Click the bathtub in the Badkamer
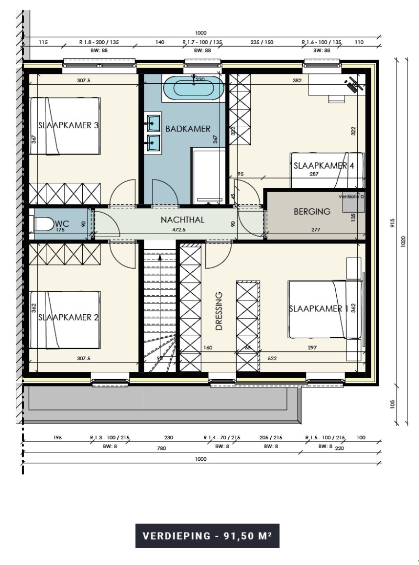point(194,87)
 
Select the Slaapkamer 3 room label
point(68,126)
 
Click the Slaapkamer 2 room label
point(68,317)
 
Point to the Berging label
point(312,212)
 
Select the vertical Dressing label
point(219,312)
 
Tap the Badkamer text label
point(188,129)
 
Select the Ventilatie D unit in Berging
point(354,202)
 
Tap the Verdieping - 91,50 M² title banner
point(207,536)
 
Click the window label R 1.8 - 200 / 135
point(99,42)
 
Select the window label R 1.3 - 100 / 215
point(110,438)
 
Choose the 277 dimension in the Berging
point(316,229)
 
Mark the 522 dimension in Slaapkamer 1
point(273,359)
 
